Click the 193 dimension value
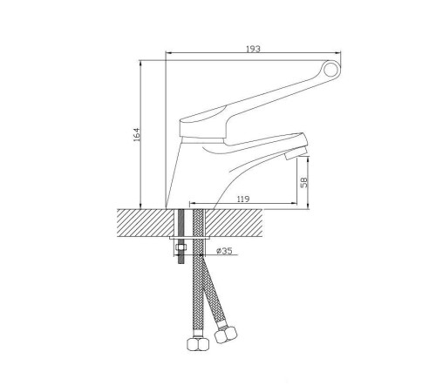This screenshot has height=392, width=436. coord(253,49)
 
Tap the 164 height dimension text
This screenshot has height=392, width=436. coord(136,134)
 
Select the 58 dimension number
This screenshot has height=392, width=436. coord(304,182)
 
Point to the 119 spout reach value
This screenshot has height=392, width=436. coord(243,199)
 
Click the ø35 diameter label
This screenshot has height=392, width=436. coord(225,251)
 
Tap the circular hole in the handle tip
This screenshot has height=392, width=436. coord(330,69)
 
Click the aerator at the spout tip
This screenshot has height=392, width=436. coord(296,153)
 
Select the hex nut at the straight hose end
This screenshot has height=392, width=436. coord(197,344)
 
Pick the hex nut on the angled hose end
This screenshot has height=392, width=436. coord(225,334)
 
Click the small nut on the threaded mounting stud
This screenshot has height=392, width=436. coord(181,247)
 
